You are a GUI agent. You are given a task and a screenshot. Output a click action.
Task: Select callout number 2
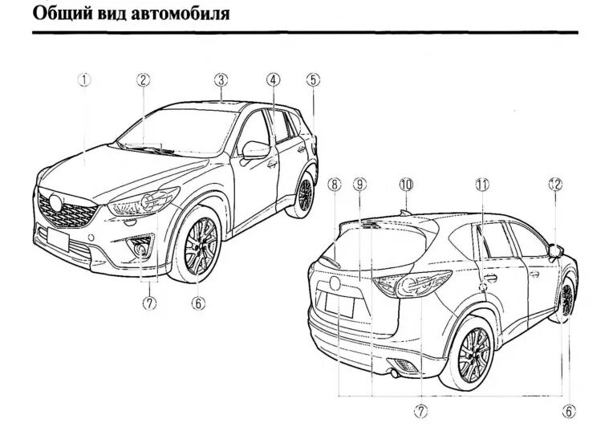(x=142, y=79)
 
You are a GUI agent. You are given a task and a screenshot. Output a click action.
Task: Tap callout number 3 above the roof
(x=221, y=79)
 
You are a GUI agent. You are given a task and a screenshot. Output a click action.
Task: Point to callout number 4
(x=273, y=79)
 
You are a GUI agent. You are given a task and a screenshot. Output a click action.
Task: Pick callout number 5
(x=312, y=79)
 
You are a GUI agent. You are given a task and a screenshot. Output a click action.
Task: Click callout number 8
(x=334, y=185)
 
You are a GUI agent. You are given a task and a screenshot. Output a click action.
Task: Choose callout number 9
(x=360, y=185)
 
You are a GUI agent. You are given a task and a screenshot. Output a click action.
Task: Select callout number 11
(x=481, y=185)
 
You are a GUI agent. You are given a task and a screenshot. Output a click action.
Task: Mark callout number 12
(x=555, y=185)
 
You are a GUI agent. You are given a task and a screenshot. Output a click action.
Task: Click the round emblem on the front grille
(x=56, y=202)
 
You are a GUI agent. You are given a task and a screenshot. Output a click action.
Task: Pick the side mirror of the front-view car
(x=256, y=150)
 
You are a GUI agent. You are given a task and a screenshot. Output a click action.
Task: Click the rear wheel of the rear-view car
(x=474, y=348)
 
